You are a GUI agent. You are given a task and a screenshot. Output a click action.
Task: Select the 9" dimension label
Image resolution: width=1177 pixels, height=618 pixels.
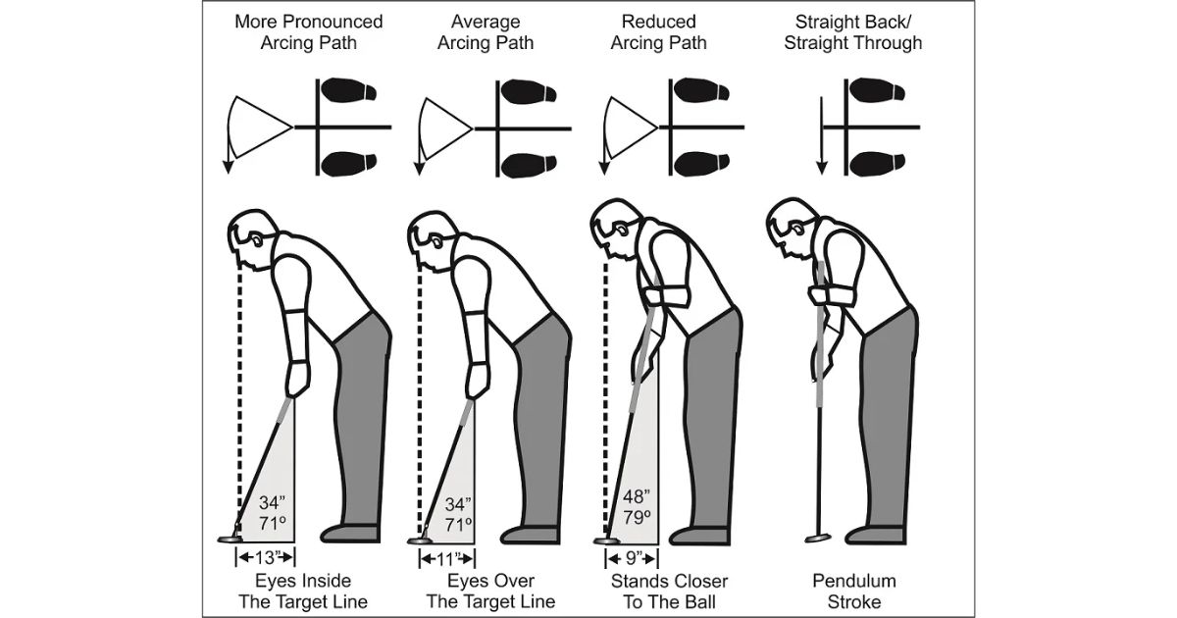(x=630, y=557)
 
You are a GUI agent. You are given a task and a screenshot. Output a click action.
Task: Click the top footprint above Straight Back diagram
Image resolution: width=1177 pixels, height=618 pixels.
(x=877, y=91)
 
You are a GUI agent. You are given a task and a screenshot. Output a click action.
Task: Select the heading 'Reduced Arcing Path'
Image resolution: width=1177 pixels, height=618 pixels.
(x=658, y=31)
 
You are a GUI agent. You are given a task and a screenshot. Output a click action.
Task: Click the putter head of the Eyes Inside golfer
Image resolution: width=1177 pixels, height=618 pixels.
(x=230, y=538)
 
